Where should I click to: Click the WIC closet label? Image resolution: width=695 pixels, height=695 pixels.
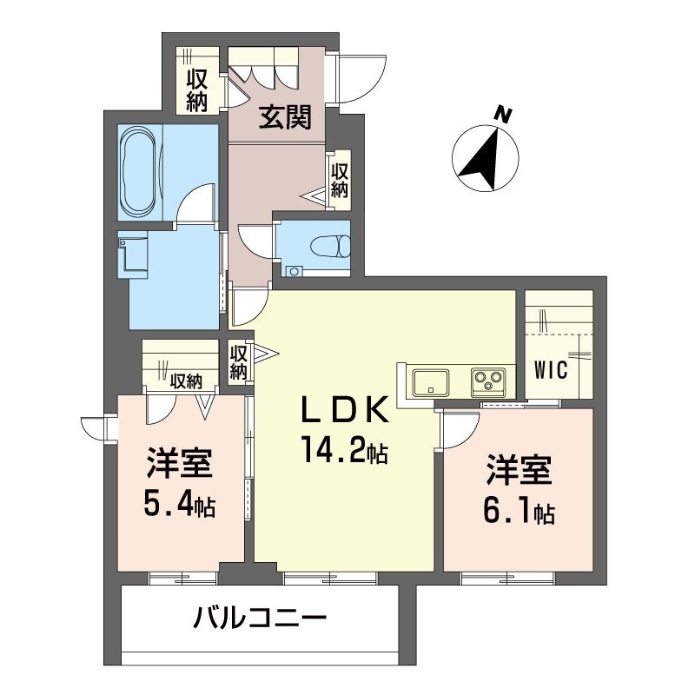pos(550,371)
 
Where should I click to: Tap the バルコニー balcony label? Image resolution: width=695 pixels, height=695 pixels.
pos(260,620)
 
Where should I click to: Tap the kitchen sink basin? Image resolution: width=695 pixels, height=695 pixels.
pos(431,380)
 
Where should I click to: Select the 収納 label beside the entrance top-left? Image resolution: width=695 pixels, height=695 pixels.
pos(197,89)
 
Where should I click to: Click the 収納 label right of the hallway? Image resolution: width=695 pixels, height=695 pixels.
pos(339,179)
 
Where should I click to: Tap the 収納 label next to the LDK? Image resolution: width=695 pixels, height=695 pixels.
pos(239,361)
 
